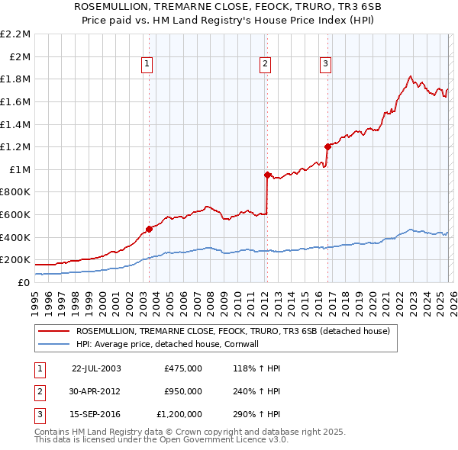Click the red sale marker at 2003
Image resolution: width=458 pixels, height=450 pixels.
[x=149, y=228]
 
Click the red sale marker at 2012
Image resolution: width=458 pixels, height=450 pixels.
[x=267, y=175]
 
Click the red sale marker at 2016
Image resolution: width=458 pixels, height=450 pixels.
[x=327, y=146]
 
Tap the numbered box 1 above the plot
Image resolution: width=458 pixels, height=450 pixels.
[x=147, y=64]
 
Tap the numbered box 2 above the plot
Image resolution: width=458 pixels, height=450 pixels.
[x=265, y=64]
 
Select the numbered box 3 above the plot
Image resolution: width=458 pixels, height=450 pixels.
[x=325, y=64]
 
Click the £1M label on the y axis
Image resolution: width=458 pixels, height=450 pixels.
[x=20, y=169]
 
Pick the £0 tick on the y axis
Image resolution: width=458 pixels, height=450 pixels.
[x=24, y=282]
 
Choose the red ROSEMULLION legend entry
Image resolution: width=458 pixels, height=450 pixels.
[x=233, y=331]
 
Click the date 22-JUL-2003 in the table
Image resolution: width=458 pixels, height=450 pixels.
[x=96, y=368]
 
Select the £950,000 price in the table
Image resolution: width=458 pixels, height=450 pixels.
[x=183, y=391]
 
